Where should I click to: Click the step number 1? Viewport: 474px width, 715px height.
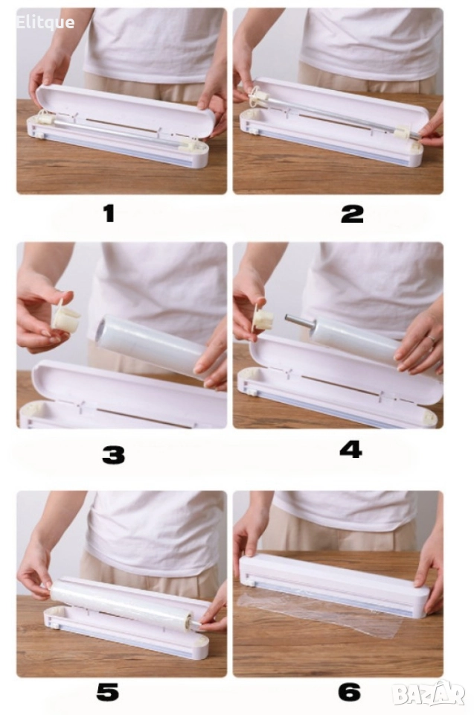coord(109,214)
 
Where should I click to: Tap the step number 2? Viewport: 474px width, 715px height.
coord(352,214)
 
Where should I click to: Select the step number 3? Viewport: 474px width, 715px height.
coord(114,455)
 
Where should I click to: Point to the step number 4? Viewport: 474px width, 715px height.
coord(351,449)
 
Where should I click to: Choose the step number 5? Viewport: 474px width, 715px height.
coord(108,692)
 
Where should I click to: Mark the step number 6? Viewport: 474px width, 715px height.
coord(350,692)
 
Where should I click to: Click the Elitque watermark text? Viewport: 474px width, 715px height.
coord(45,22)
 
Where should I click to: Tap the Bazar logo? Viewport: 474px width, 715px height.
coord(429,693)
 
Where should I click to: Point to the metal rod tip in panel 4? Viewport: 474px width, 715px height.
coord(288,319)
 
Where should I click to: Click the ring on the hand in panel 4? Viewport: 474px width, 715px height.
coord(431,339)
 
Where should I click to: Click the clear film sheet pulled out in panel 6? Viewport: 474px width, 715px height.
coord(319,613)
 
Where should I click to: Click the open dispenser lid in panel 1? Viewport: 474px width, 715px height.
coord(125,109)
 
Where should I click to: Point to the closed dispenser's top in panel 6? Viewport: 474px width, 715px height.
coord(334,573)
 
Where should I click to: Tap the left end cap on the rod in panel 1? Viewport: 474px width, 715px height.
coord(45,118)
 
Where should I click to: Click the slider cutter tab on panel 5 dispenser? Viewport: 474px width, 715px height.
coord(54,625)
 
